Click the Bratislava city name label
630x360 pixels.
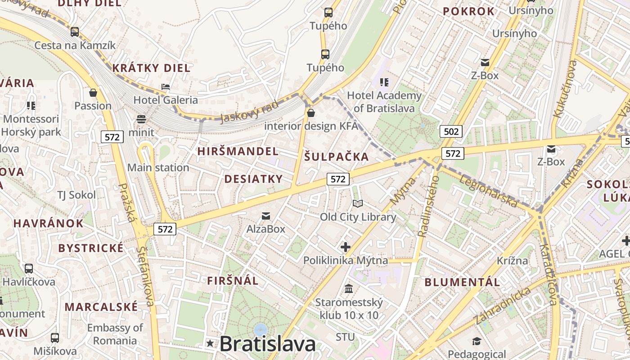[267, 344]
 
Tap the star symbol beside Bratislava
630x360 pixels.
[210, 343]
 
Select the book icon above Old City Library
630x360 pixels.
[358, 204]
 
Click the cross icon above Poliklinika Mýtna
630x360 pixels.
[346, 247]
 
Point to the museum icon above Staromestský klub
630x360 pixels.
[349, 288]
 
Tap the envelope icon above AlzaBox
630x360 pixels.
[266, 216]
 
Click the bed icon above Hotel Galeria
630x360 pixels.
[166, 86]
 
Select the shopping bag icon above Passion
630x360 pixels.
[93, 93]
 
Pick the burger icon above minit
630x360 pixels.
[141, 119]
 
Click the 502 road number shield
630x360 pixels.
[451, 131]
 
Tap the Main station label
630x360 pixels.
[158, 168]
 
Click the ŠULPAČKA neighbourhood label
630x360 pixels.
[337, 157]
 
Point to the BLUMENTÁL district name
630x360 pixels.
[462, 283]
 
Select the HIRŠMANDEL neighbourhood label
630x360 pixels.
[238, 151]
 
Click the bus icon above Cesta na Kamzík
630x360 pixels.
[75, 32]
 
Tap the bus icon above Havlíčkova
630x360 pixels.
[29, 269]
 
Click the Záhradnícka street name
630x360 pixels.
[502, 306]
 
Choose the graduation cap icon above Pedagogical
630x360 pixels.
[477, 342]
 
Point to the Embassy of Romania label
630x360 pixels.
[115, 334]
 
